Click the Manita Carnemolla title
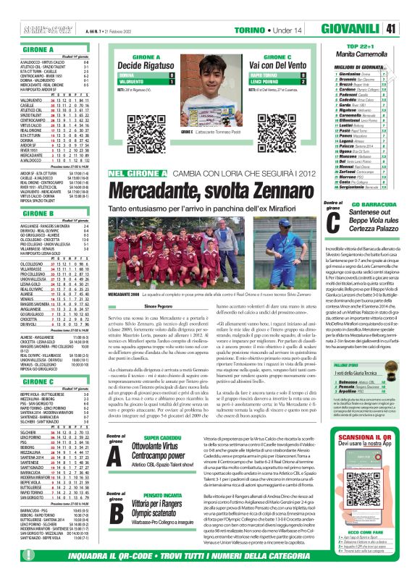361,53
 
